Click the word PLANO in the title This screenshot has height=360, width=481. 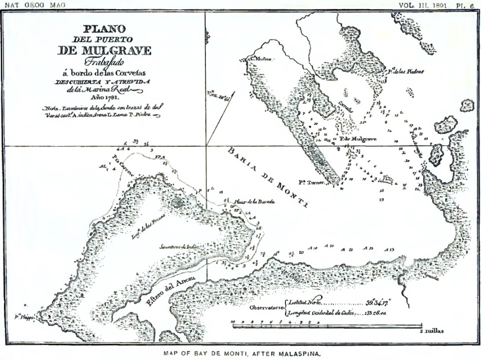point(105,30)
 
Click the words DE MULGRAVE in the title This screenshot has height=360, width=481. point(104,50)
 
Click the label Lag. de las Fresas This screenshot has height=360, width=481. point(147,229)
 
